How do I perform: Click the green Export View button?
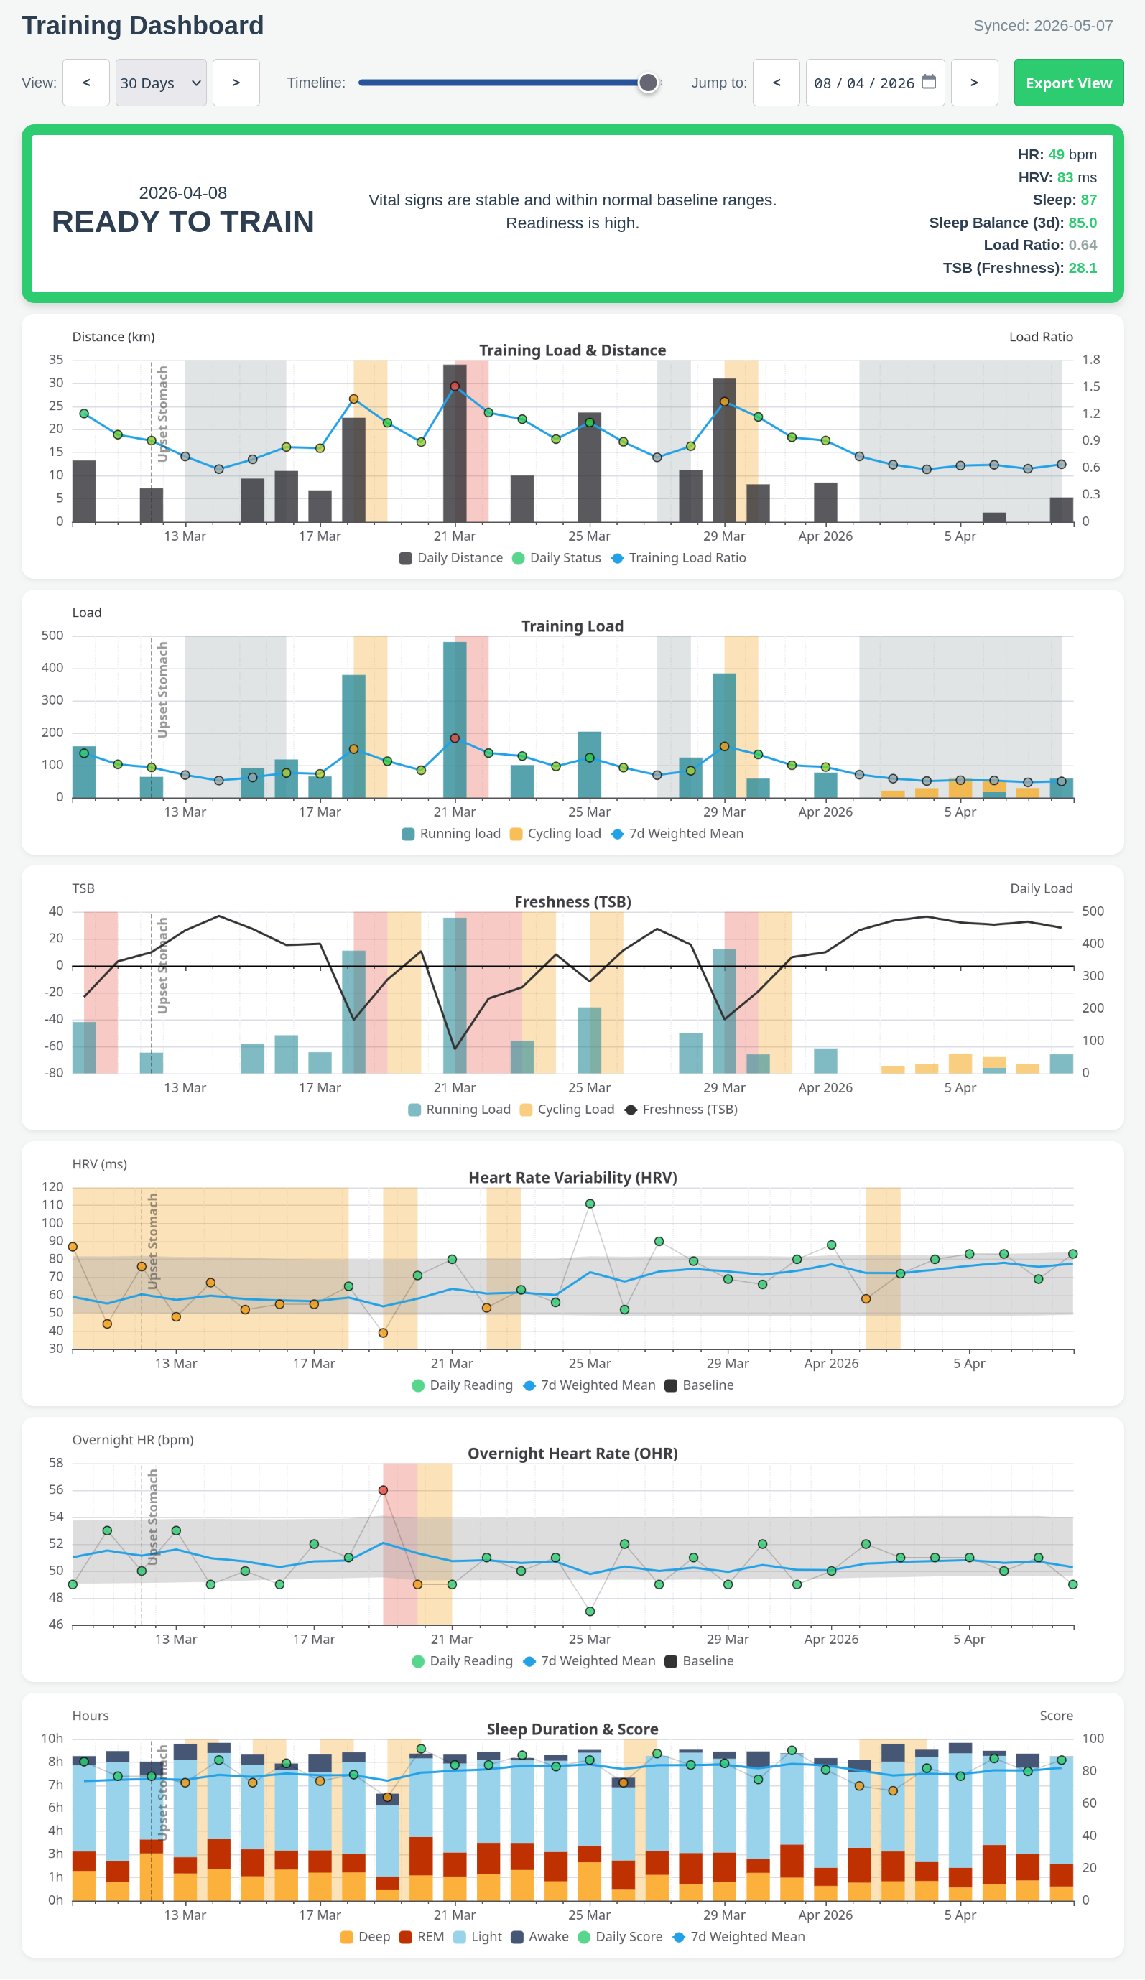1068,83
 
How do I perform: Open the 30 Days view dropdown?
161,83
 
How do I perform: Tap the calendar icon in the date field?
928,82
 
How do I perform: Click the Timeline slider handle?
647,83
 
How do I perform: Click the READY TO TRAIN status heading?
183,222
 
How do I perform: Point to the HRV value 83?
1065,177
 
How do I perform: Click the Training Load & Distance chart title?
572,350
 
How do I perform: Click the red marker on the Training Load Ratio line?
455,386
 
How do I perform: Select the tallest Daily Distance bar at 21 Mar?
455,443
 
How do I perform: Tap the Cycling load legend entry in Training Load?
555,834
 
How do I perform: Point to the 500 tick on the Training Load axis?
52,636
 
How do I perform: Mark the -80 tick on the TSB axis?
53,1072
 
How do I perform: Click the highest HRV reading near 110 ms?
590,1204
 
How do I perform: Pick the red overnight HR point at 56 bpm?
384,1490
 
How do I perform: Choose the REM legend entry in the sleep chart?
421,1937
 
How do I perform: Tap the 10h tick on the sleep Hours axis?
52,1738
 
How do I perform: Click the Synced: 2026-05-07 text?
1043,26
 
